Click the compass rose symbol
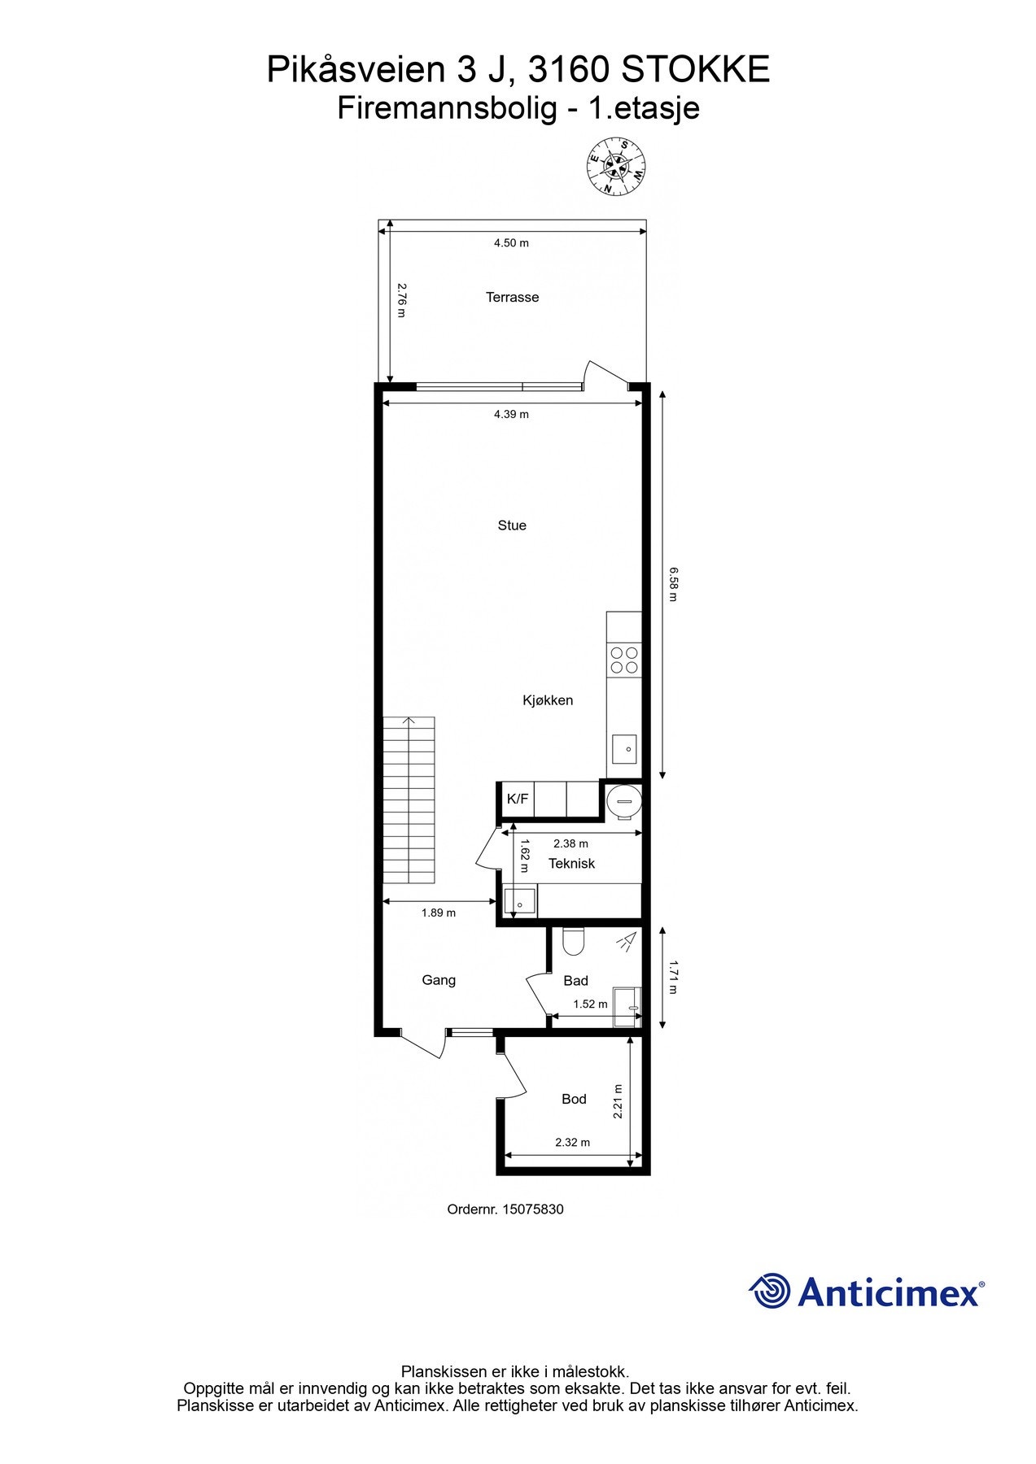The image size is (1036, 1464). click(x=616, y=166)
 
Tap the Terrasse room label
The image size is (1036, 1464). click(x=512, y=298)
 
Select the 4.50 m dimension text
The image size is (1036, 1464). click(x=511, y=243)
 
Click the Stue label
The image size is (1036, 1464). click(x=512, y=525)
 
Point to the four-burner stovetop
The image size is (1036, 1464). click(x=624, y=660)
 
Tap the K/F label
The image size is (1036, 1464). click(x=518, y=799)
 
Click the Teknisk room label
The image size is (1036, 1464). click(x=571, y=864)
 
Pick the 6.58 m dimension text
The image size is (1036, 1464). click(x=673, y=584)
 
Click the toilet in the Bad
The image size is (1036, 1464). click(x=573, y=942)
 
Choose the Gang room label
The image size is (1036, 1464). click(x=439, y=980)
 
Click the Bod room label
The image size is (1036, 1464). click(x=574, y=1099)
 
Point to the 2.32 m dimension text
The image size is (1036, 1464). click(x=572, y=1142)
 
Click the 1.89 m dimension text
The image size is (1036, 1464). click(x=439, y=913)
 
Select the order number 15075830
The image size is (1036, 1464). click(x=533, y=1209)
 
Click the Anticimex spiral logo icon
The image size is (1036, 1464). click(x=769, y=1292)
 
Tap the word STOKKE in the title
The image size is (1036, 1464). click(x=695, y=71)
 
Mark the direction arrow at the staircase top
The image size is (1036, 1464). click(x=409, y=721)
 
